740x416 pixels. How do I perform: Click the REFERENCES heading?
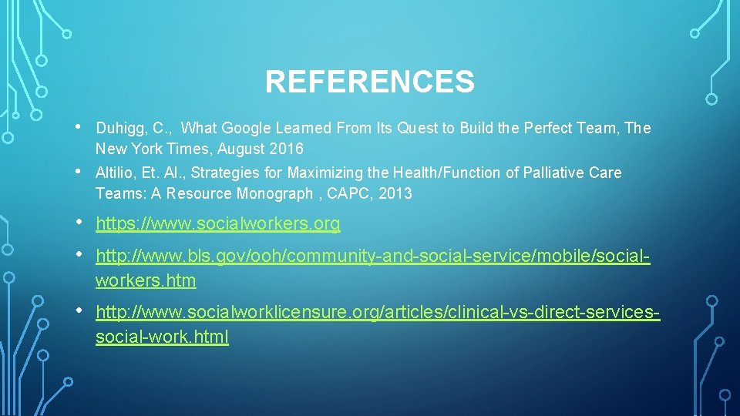[x=369, y=82]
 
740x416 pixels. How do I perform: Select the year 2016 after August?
[x=287, y=149]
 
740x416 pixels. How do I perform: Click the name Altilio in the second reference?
[x=116, y=173]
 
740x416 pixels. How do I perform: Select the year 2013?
[x=395, y=193]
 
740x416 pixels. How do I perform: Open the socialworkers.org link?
[x=217, y=225]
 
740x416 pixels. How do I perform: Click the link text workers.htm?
[x=146, y=280]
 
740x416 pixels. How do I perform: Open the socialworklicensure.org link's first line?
[x=378, y=313]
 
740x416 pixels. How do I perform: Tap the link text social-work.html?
[x=162, y=337]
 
